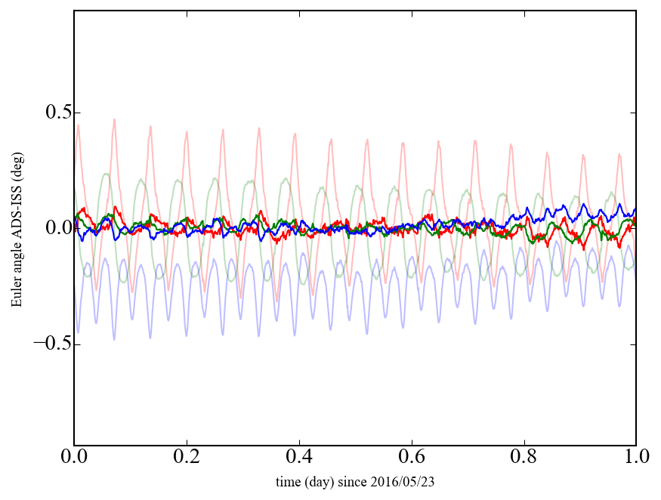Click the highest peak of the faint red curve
click(x=114, y=119)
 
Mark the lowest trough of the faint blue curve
click(x=115, y=339)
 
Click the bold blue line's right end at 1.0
click(x=635, y=209)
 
